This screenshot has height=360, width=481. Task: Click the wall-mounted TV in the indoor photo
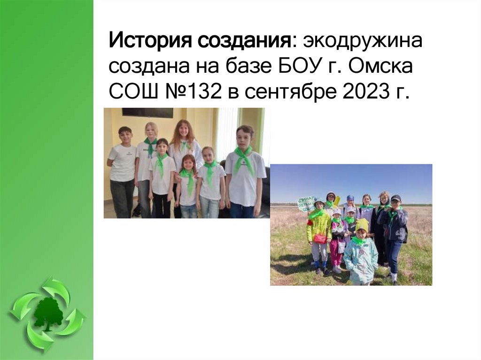point(147,113)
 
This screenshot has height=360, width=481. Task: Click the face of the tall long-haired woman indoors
point(183,130)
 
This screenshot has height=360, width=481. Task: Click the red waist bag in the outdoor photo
point(320,238)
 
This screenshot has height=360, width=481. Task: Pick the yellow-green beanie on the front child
point(362,224)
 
